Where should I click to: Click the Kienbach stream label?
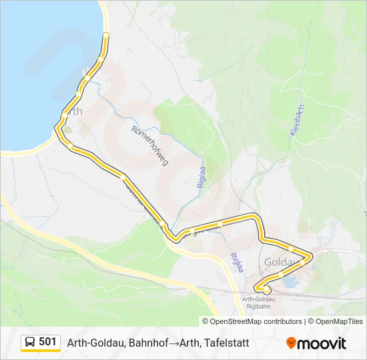click(298, 121)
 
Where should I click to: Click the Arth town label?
click(74, 111)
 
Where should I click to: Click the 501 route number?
click(47, 342)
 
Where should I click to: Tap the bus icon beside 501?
click(31, 343)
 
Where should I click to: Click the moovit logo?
click(316, 343)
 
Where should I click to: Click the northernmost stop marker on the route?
click(105, 35)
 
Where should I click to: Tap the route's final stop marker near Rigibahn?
click(267, 290)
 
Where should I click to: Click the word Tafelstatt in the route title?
click(228, 343)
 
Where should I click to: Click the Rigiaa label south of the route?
click(237, 263)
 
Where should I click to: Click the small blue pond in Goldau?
click(292, 283)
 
